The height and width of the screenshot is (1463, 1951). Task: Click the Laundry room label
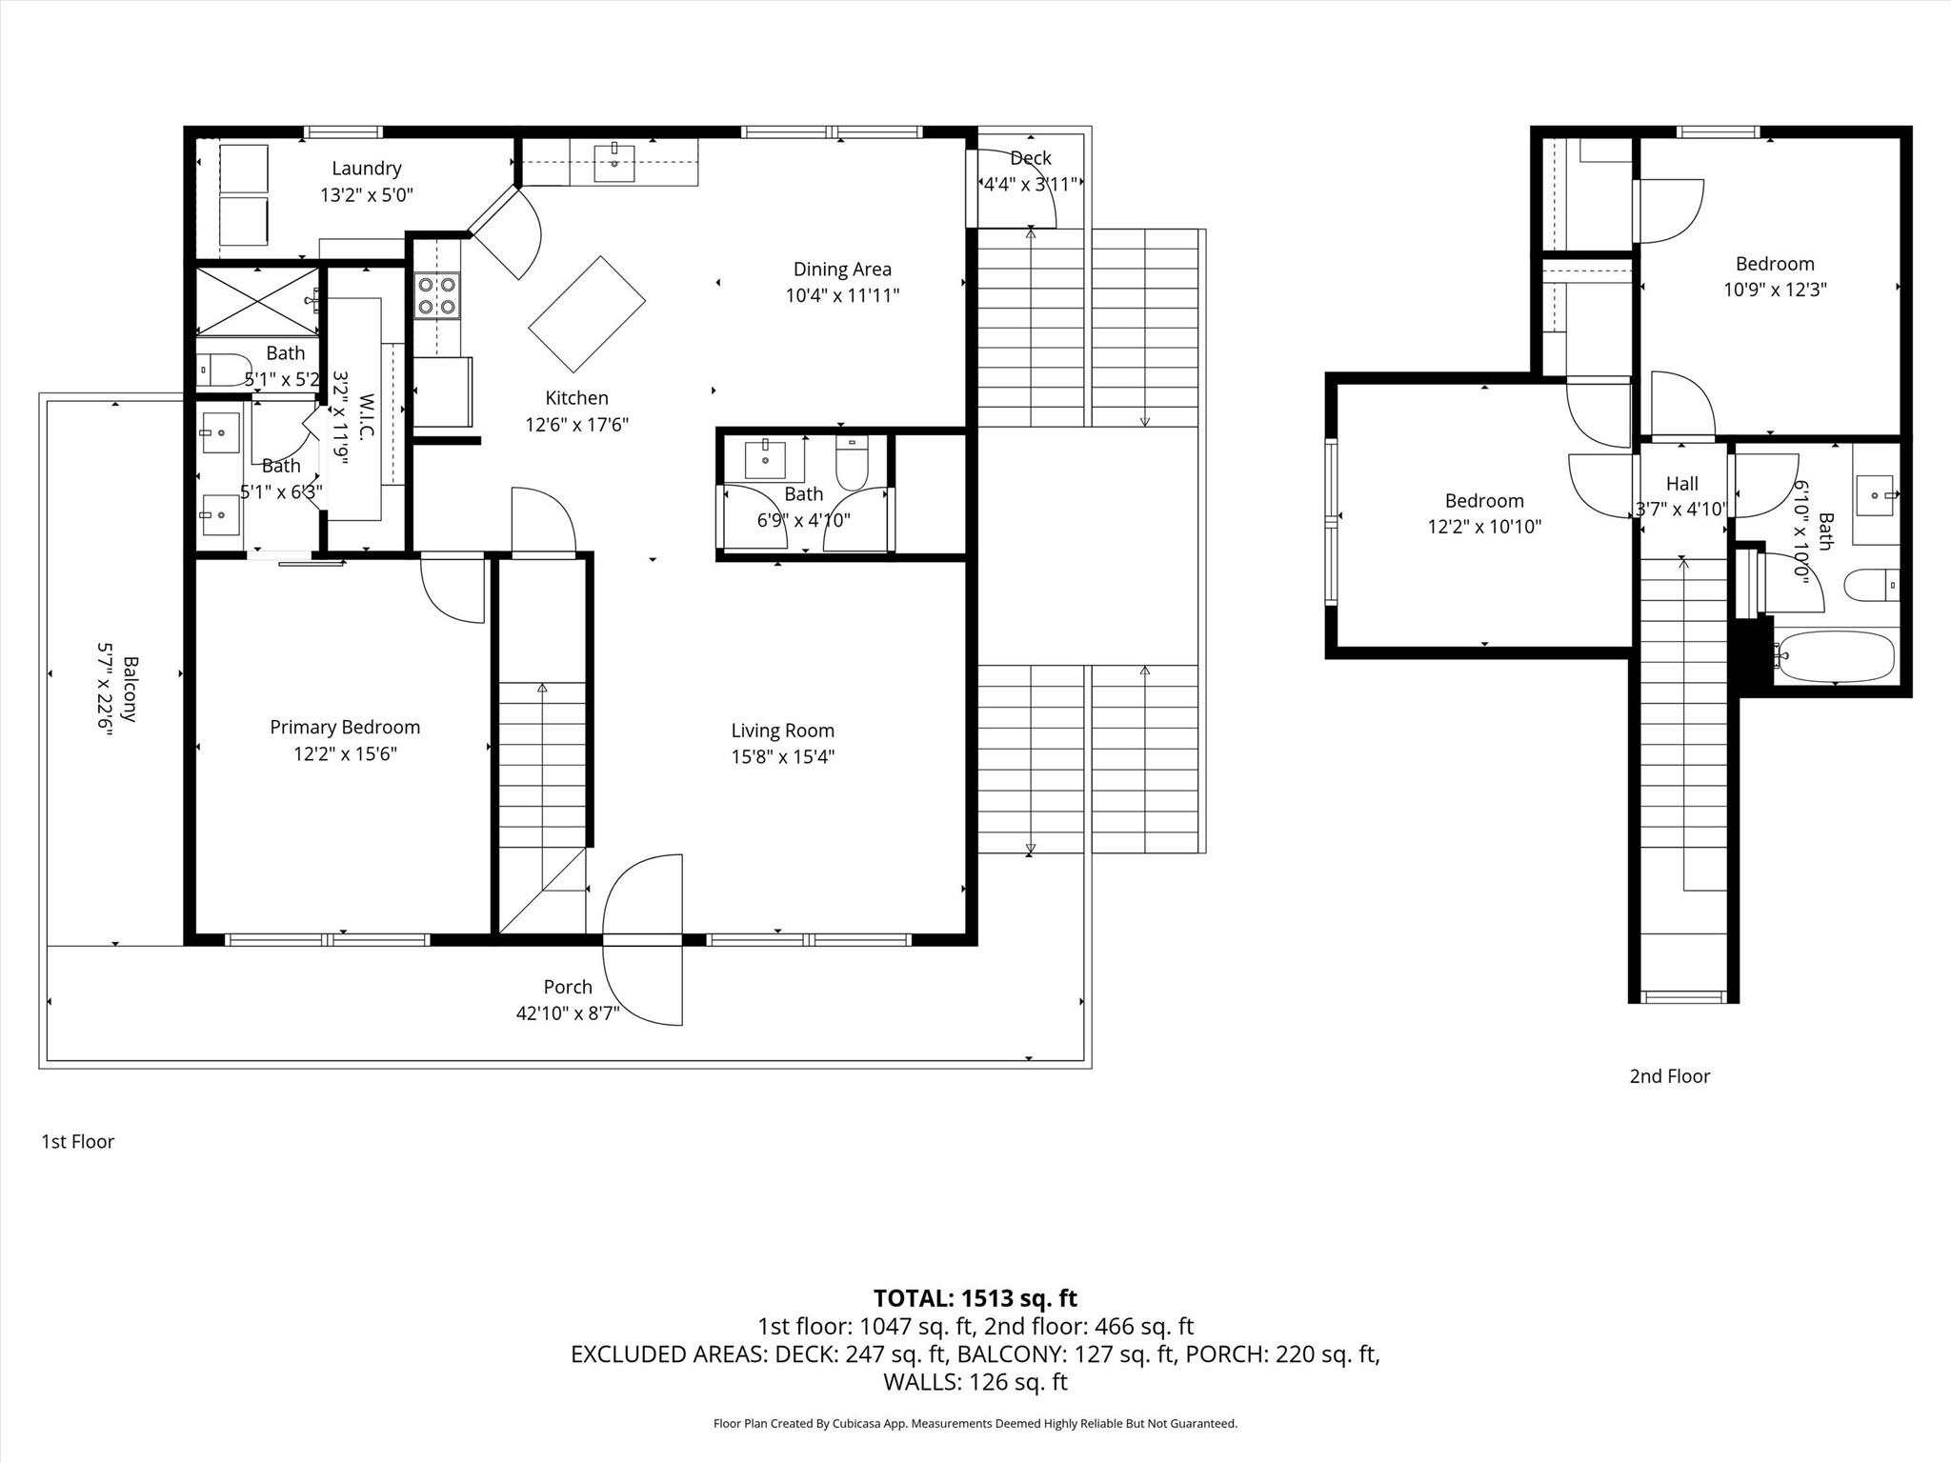click(366, 169)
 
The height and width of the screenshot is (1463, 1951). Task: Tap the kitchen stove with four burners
click(436, 295)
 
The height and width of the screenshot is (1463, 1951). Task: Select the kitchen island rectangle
click(587, 314)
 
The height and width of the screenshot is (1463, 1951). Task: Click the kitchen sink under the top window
click(615, 163)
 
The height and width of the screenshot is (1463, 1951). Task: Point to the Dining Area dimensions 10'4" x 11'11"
click(842, 295)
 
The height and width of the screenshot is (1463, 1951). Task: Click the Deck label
click(1030, 158)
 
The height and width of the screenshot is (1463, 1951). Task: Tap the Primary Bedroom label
click(345, 728)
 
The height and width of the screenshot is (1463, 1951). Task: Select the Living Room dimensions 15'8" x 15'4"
click(783, 757)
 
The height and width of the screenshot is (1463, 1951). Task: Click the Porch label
click(568, 987)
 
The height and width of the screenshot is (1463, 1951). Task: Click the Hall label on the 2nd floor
click(1681, 484)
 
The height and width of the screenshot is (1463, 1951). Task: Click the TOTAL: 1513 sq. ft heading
click(975, 1298)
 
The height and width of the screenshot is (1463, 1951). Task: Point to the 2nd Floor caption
click(1669, 1076)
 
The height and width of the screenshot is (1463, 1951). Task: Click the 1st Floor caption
click(77, 1141)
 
